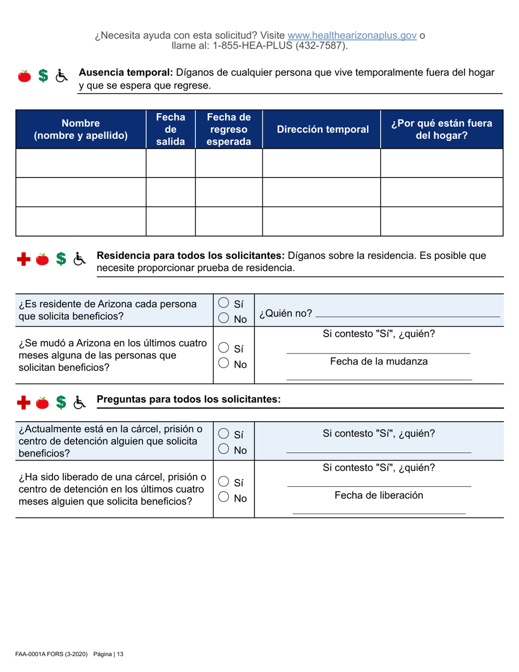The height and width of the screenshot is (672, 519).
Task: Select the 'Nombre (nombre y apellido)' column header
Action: (81, 129)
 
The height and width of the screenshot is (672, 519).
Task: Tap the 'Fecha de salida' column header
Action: (170, 129)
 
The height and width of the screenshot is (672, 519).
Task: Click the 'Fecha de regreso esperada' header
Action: (229, 129)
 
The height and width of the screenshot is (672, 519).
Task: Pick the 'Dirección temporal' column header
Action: (322, 129)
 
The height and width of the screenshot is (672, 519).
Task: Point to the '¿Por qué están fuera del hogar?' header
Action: (441, 129)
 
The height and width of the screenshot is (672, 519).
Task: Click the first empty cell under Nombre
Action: (81, 163)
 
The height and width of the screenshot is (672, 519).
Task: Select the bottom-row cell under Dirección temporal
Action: (322, 221)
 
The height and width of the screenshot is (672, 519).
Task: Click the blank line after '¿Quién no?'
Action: (408, 316)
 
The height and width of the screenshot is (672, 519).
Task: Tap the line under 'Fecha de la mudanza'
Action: (379, 378)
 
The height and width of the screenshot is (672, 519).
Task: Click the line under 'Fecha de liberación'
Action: (379, 512)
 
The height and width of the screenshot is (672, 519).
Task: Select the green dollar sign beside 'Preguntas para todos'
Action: (62, 402)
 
